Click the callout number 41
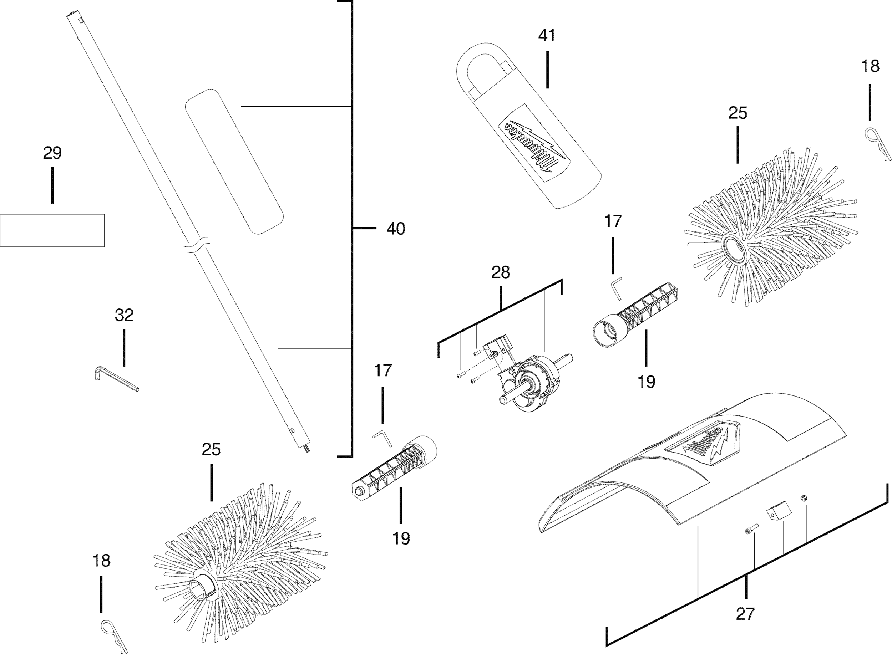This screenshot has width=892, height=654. (547, 36)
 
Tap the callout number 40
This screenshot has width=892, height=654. (396, 229)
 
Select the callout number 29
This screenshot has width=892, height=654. (52, 153)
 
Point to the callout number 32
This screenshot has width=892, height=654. (124, 315)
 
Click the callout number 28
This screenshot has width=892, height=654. (501, 272)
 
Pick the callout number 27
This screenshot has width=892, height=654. (745, 614)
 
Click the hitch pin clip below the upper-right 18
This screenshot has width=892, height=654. (877, 144)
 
